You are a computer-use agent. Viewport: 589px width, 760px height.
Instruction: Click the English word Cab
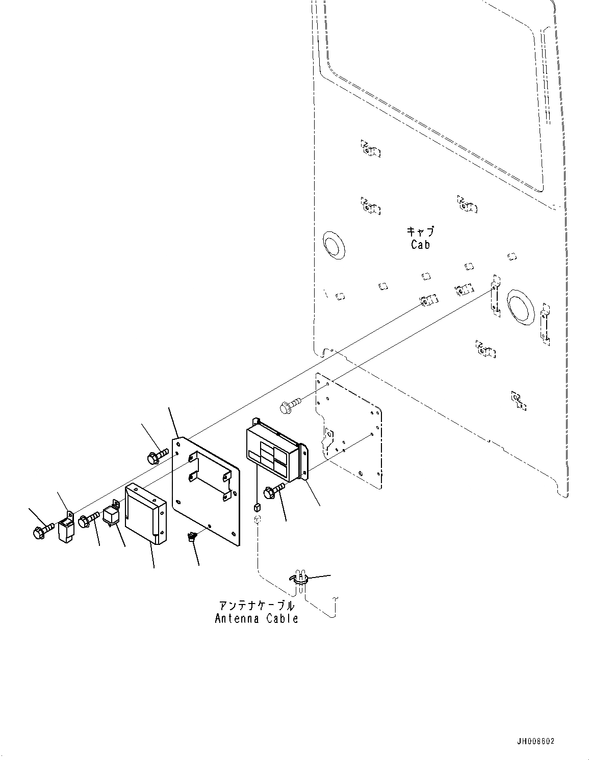[420, 245]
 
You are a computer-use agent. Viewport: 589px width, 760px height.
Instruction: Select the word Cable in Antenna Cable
[281, 619]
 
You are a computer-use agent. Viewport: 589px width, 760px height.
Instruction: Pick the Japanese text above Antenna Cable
[257, 606]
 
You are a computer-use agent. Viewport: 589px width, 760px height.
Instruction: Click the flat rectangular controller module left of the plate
[145, 512]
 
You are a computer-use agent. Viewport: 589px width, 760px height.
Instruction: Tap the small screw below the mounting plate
[193, 536]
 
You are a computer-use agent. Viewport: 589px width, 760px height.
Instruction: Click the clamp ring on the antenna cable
[301, 579]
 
